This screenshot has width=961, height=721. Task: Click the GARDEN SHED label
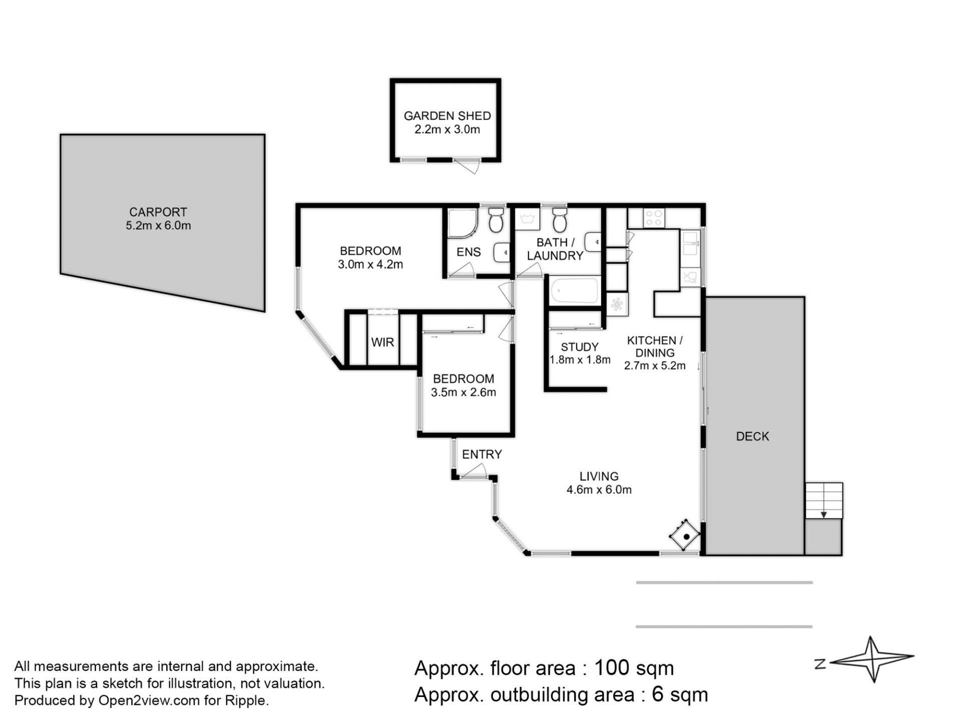coord(447,116)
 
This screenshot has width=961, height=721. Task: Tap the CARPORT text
coord(158,212)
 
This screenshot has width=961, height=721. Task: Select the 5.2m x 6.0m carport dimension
coord(158,225)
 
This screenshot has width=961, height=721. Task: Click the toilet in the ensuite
coord(496,220)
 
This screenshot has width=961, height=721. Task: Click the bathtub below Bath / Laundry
coord(574,291)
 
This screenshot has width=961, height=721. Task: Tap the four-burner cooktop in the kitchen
coord(654,218)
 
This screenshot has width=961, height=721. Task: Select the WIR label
coord(383,342)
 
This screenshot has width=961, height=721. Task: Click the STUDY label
coord(580,347)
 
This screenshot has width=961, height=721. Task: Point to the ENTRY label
coord(482,454)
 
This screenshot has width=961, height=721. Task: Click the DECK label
coord(752,436)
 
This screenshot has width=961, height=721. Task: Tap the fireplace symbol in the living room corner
coord(684,536)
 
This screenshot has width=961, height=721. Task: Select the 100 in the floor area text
coord(611,668)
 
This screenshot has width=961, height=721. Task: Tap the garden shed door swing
coord(467,166)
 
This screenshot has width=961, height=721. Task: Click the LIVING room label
coord(599,476)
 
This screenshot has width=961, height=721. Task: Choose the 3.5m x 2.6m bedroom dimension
coord(463,393)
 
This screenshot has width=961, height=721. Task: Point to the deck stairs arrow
coord(823,514)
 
